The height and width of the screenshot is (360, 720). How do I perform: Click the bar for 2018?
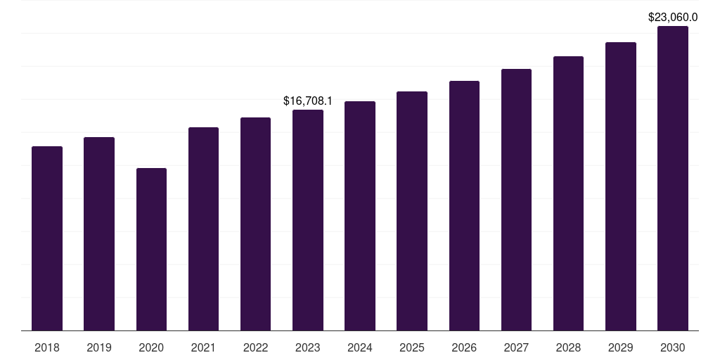click(47, 238)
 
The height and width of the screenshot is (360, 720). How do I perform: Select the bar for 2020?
click(151, 249)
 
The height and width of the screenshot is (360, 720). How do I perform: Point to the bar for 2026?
click(464, 205)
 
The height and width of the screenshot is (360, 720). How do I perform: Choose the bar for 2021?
click(203, 229)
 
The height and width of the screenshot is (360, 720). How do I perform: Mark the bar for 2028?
click(568, 193)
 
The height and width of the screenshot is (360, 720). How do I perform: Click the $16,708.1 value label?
click(308, 101)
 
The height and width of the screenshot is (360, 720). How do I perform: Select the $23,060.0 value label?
click(673, 18)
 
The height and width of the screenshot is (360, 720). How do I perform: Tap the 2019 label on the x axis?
click(99, 347)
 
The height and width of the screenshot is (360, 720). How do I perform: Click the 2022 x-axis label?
click(255, 347)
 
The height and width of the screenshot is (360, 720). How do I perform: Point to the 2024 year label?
click(360, 347)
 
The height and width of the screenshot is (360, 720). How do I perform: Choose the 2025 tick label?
click(412, 347)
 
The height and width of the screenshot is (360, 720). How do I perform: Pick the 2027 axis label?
click(516, 347)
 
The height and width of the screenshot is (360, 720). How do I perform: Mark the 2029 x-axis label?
click(620, 347)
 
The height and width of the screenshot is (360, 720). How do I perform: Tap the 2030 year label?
click(673, 347)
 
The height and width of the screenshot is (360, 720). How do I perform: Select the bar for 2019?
click(99, 233)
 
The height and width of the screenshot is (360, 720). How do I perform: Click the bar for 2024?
click(360, 216)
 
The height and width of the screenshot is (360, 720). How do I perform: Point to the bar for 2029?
click(620, 186)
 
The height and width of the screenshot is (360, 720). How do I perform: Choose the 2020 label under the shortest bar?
click(151, 347)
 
